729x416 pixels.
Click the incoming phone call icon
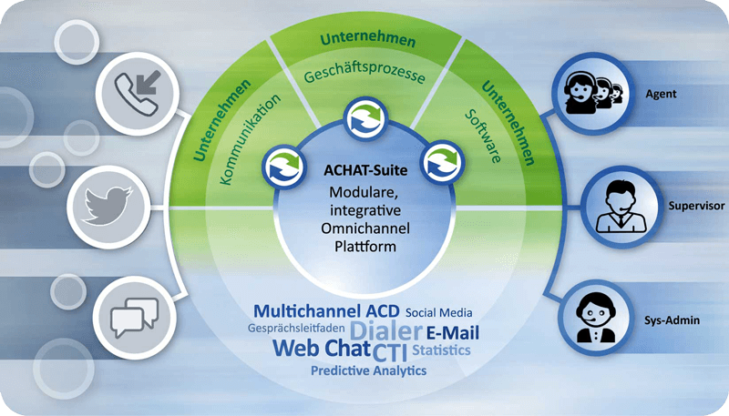coord(138,94)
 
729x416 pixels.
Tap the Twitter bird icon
coord(108,206)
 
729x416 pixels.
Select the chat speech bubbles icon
coord(134,318)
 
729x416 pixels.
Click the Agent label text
coord(661,94)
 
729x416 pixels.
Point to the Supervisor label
coord(696,206)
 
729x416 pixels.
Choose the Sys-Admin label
coord(672,320)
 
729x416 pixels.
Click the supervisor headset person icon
coord(621,206)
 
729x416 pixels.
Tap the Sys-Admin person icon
coord(596,318)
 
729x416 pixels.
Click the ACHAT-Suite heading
coord(365,170)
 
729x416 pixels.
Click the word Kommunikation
coord(251,139)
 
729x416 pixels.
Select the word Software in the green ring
coord(484,136)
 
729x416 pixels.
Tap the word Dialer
coord(385,331)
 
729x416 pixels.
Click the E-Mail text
coord(452,332)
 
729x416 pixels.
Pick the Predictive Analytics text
coord(369,370)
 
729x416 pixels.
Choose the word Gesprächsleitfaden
coord(296,329)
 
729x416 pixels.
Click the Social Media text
coord(439,312)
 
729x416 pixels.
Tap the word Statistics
coord(441,350)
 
